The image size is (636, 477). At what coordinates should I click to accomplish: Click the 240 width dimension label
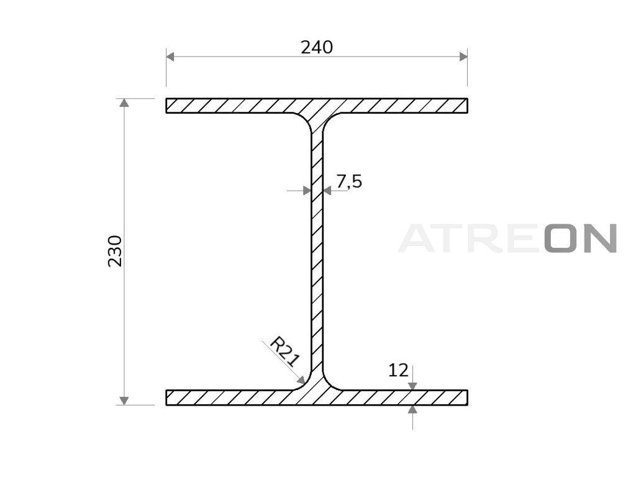click(317, 47)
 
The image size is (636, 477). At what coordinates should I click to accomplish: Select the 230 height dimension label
click(115, 251)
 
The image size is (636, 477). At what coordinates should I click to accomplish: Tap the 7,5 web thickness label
click(349, 181)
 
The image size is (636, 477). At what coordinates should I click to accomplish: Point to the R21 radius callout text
click(284, 352)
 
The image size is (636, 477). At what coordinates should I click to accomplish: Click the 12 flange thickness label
click(398, 370)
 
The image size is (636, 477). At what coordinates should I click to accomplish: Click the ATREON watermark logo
click(508, 238)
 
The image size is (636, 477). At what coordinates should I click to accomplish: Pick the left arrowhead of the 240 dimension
click(170, 57)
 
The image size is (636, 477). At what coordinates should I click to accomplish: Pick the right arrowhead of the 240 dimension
click(463, 57)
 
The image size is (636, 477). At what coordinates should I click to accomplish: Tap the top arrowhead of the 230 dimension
click(124, 102)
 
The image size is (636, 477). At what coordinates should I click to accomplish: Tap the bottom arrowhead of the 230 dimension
click(124, 401)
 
